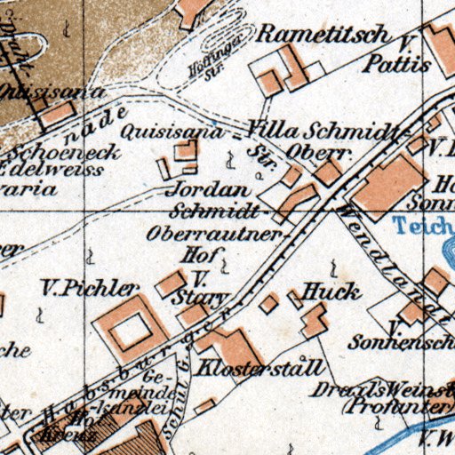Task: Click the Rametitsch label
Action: pos(323,36)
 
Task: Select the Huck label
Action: pos(331,291)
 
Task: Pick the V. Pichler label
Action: pos(90,288)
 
